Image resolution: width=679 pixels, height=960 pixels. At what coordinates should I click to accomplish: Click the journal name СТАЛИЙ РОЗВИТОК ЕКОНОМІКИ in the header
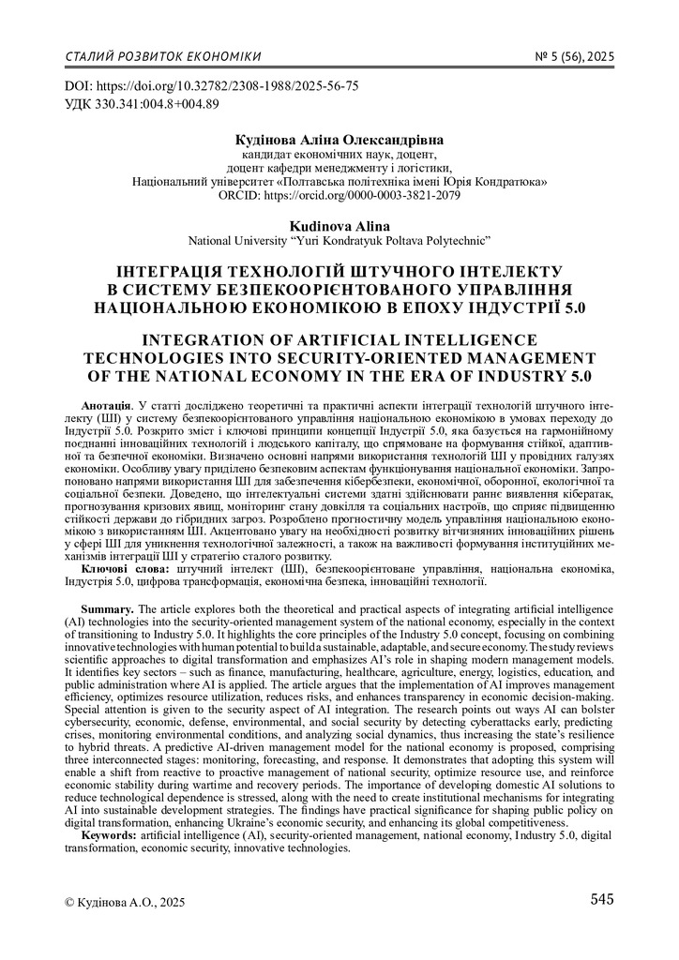(163, 56)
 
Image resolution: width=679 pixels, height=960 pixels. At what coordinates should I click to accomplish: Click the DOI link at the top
(211, 85)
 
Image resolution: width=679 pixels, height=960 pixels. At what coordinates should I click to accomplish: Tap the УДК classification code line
(141, 102)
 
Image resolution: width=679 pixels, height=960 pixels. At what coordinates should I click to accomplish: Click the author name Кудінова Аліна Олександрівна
(339, 140)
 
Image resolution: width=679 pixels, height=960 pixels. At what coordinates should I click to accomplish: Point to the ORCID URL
(339, 195)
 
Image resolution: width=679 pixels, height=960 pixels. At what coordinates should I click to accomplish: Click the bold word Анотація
(107, 401)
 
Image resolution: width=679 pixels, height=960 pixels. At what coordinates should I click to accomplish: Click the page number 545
(602, 900)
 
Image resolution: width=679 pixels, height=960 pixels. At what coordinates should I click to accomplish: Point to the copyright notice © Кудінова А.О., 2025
(125, 902)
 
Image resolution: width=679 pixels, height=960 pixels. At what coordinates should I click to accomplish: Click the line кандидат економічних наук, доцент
(339, 154)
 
